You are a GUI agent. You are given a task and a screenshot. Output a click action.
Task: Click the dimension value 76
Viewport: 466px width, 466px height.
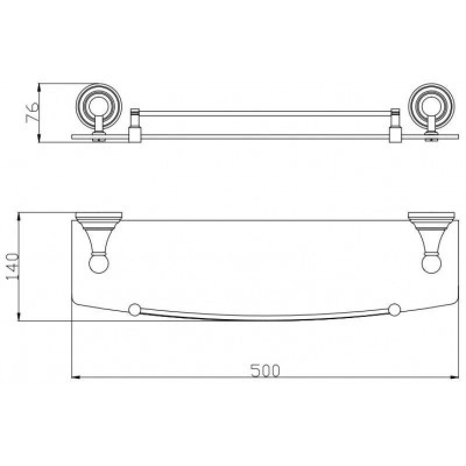coord(33,112)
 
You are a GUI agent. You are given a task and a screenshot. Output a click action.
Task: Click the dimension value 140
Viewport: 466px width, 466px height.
coord(12,266)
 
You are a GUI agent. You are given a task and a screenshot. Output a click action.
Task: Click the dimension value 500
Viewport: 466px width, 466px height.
coord(265,370)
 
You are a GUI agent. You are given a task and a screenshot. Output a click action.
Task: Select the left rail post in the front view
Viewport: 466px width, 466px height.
coord(135,125)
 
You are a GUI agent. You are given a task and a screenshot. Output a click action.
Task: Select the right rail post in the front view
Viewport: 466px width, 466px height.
coord(396,125)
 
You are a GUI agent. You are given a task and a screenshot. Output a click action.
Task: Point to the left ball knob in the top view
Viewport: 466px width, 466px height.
coord(99,263)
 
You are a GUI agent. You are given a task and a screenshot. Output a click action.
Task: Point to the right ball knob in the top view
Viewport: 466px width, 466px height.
coord(432,263)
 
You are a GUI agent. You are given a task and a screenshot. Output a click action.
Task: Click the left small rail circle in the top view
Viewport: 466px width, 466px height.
coord(135,310)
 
